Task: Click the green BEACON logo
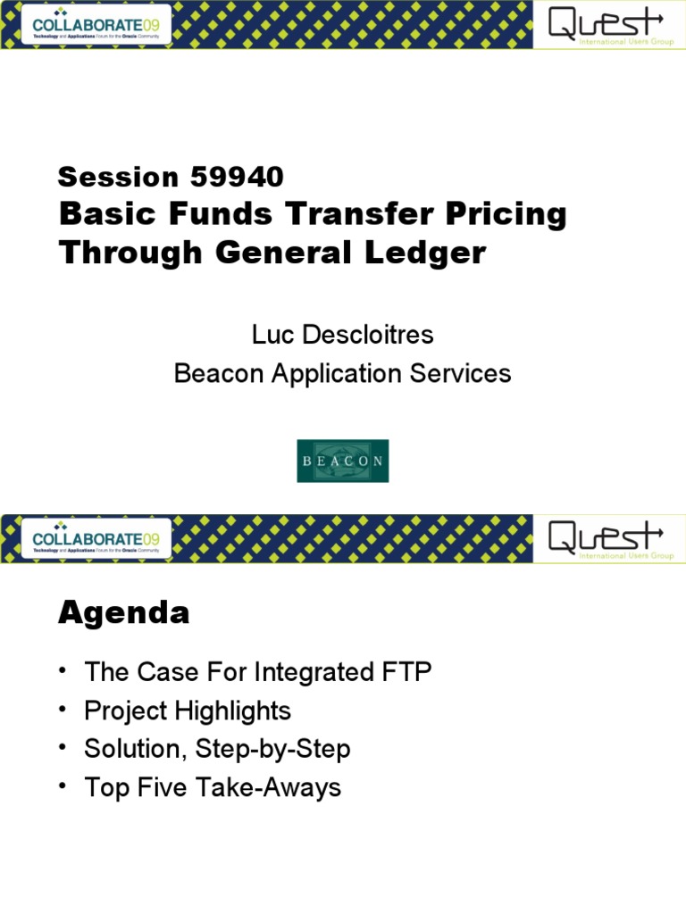pyautogui.click(x=343, y=461)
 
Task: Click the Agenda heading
pyautogui.click(x=124, y=613)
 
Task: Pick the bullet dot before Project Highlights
pyautogui.click(x=64, y=710)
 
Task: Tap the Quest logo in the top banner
pyautogui.click(x=607, y=24)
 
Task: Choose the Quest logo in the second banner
pyautogui.click(x=607, y=538)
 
